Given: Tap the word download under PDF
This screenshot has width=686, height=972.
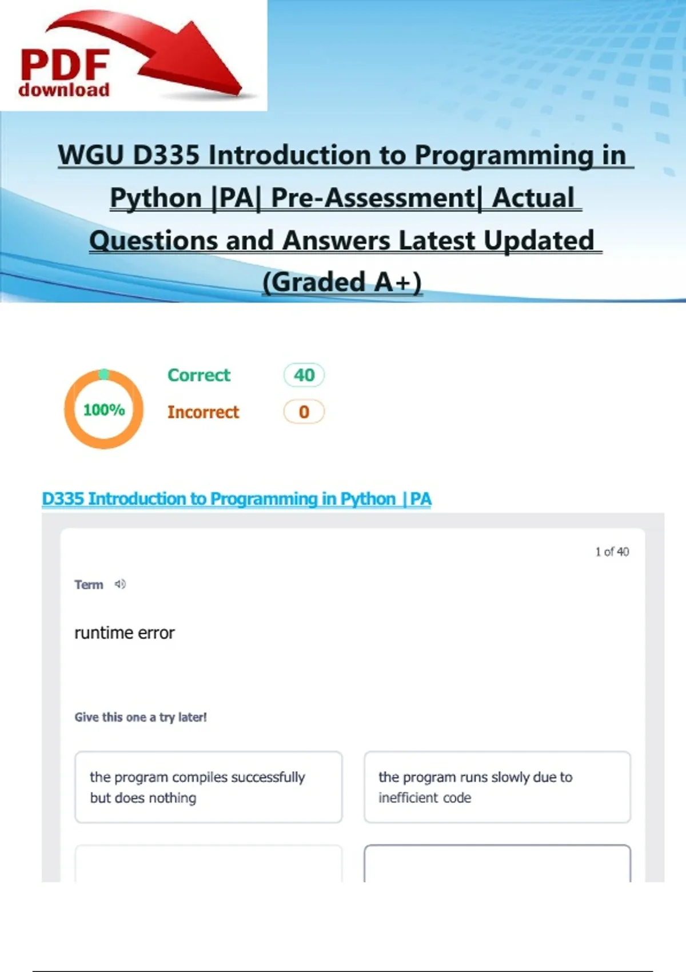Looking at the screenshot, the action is (x=64, y=90).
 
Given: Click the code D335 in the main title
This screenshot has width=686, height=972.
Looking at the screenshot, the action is (x=166, y=155).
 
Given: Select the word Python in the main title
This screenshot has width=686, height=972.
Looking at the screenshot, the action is (x=155, y=198).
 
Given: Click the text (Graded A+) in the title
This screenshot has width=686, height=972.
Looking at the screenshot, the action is (x=342, y=282).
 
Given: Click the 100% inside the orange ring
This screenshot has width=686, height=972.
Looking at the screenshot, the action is (x=104, y=409).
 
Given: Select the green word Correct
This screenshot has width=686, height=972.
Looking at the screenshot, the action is (x=199, y=375).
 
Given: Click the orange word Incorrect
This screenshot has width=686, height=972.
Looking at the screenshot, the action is (x=203, y=412).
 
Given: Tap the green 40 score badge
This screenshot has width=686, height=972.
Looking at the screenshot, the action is (x=304, y=375).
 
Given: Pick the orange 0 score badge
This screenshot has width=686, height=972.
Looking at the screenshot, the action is (x=304, y=412).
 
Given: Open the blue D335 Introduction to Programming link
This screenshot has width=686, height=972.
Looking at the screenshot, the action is (x=237, y=499).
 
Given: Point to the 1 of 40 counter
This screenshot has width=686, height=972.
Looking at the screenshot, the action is (x=612, y=552).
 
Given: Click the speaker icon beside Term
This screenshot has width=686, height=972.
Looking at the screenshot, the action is (x=120, y=584).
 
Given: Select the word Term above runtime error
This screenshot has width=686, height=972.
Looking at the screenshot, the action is (x=89, y=584).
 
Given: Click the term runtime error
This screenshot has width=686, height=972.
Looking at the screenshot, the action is (x=125, y=633).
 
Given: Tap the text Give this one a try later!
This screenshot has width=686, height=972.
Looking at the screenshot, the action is (x=141, y=718).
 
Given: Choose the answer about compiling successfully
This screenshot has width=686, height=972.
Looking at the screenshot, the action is (x=208, y=787).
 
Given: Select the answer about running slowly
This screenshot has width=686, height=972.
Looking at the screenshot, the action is (x=497, y=787).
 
